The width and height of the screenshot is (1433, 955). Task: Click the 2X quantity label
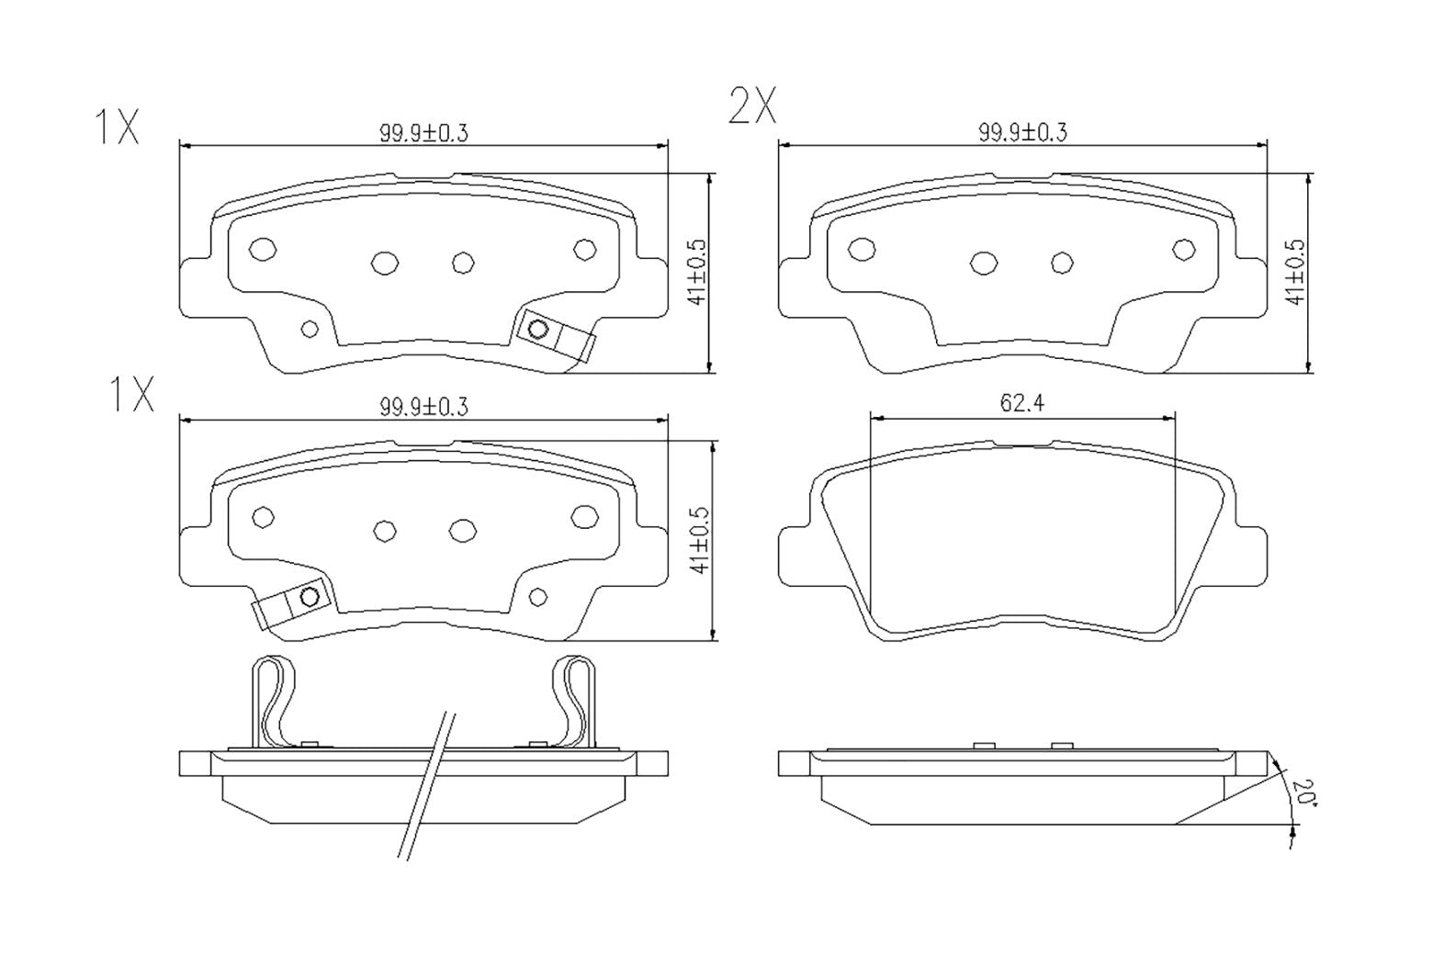coord(752,107)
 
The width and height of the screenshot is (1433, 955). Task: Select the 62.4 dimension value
coord(1021,403)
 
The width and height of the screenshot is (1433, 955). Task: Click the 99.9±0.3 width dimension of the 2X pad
coord(1022,132)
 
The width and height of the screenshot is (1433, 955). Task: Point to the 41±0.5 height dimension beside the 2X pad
coord(1295,272)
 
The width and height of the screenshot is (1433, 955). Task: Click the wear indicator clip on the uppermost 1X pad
coord(555,336)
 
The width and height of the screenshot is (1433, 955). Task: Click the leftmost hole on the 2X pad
coord(862,249)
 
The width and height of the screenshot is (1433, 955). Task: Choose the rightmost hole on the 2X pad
coord(1184,249)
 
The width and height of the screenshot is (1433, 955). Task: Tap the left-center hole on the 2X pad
coord(984,263)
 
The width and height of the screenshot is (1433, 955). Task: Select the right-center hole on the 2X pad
coord(1062,263)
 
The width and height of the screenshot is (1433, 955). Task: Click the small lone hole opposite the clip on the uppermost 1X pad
coord(310,329)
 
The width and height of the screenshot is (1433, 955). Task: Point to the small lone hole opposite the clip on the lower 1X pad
coord(538,598)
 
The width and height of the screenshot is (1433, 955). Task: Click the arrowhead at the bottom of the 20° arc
coord(1292,832)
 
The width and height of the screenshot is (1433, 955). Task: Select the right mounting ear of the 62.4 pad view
coord(1251,556)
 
